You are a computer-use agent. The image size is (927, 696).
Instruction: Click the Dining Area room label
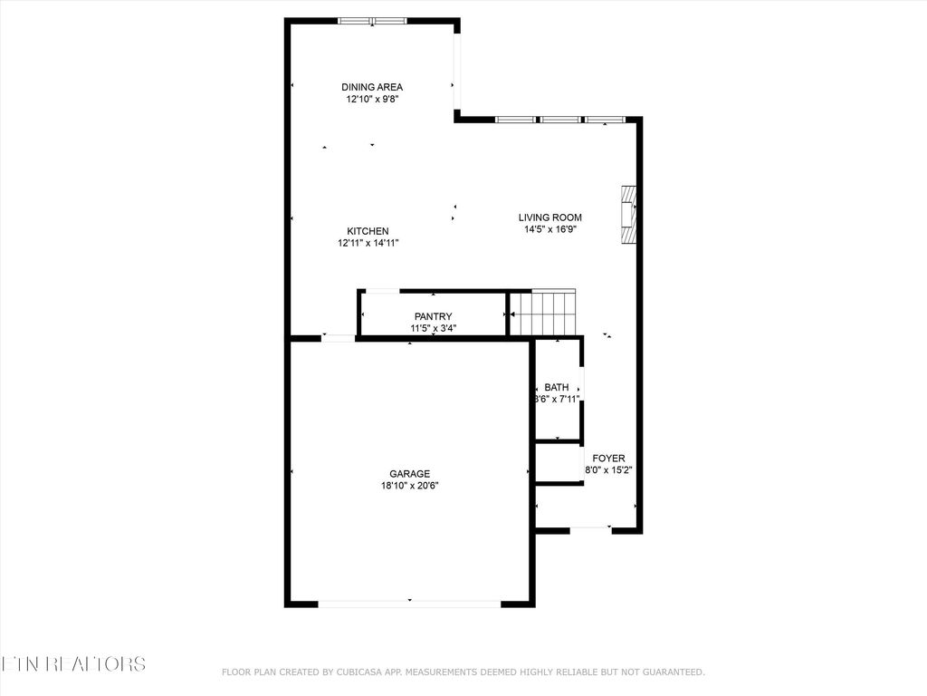[x=372, y=87]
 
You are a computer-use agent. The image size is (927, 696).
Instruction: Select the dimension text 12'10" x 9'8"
[x=372, y=100]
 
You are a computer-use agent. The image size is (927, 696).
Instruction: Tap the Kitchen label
[x=368, y=231]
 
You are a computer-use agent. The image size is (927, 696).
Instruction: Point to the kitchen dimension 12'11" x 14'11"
[x=368, y=243]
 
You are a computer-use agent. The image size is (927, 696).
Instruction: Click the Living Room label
[x=550, y=217]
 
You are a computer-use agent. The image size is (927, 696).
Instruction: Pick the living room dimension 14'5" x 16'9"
[x=550, y=229]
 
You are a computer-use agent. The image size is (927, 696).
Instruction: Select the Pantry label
[x=433, y=316]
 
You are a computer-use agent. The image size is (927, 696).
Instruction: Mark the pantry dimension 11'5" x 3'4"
[x=433, y=328]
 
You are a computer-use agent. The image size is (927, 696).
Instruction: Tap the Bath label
[x=557, y=387]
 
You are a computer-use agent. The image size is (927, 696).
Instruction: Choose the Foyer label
[x=608, y=459]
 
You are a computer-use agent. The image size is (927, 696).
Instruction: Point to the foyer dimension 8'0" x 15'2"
[x=608, y=470]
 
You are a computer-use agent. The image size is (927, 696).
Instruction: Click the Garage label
[x=409, y=473]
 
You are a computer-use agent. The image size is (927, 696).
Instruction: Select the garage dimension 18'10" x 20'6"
[x=409, y=485]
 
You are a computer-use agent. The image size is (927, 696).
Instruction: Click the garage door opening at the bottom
[x=409, y=602]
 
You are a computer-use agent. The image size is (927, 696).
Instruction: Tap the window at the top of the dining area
[x=372, y=21]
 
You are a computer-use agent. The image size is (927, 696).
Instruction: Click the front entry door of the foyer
[x=591, y=528]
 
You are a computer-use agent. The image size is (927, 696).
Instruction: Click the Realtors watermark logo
[x=72, y=663]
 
